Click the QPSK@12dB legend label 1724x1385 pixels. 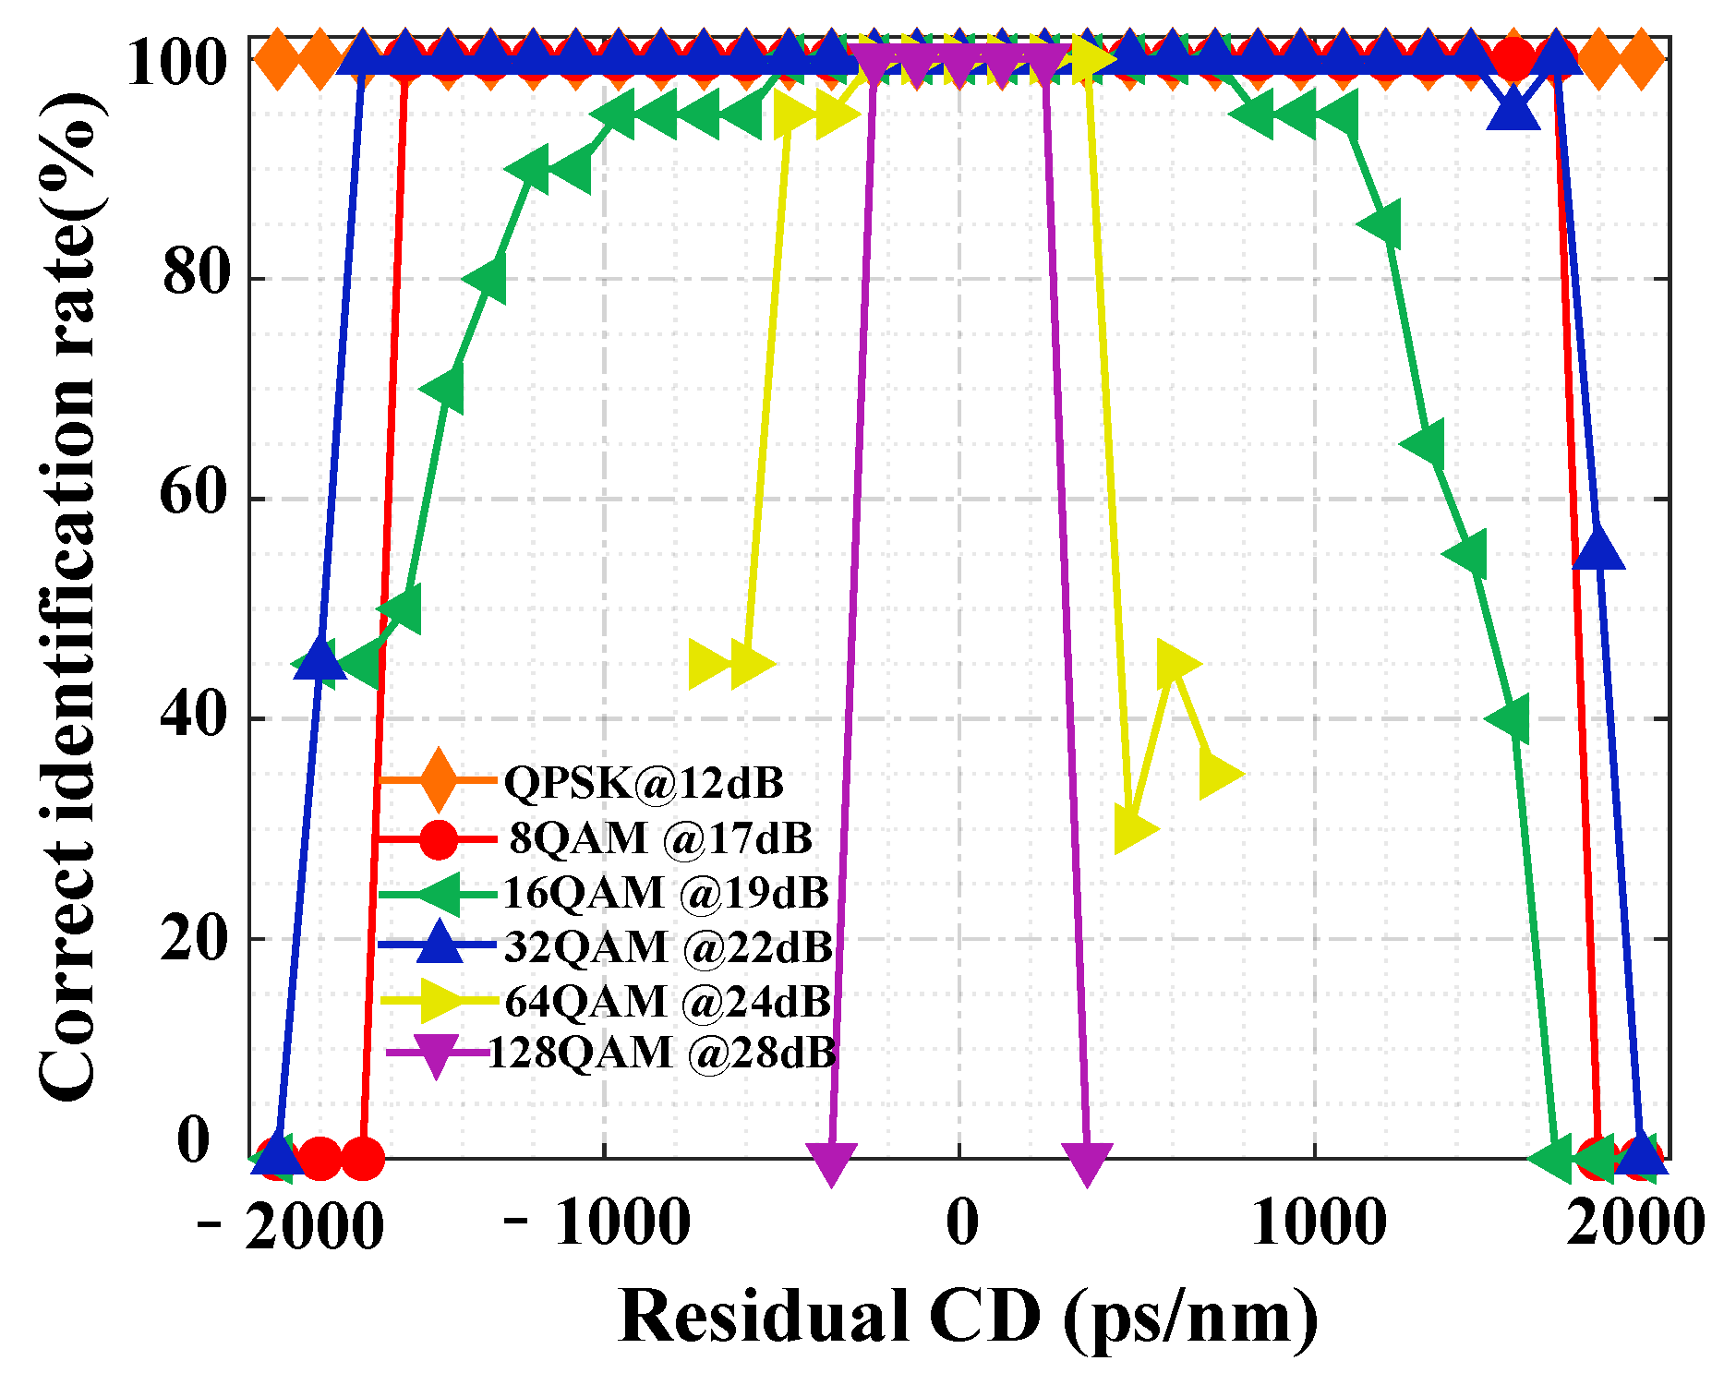[643, 783]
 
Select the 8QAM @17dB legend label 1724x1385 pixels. [660, 838]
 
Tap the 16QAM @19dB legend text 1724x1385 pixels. [665, 893]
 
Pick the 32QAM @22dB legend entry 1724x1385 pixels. [669, 947]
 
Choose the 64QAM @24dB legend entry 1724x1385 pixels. [668, 1002]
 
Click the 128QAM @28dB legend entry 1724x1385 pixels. [661, 1053]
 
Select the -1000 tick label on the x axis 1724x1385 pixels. [598, 1224]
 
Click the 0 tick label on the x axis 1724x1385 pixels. [962, 1222]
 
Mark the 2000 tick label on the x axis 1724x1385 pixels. [1634, 1222]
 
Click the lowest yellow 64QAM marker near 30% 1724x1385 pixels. [1134, 828]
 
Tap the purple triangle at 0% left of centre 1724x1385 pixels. [832, 1162]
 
